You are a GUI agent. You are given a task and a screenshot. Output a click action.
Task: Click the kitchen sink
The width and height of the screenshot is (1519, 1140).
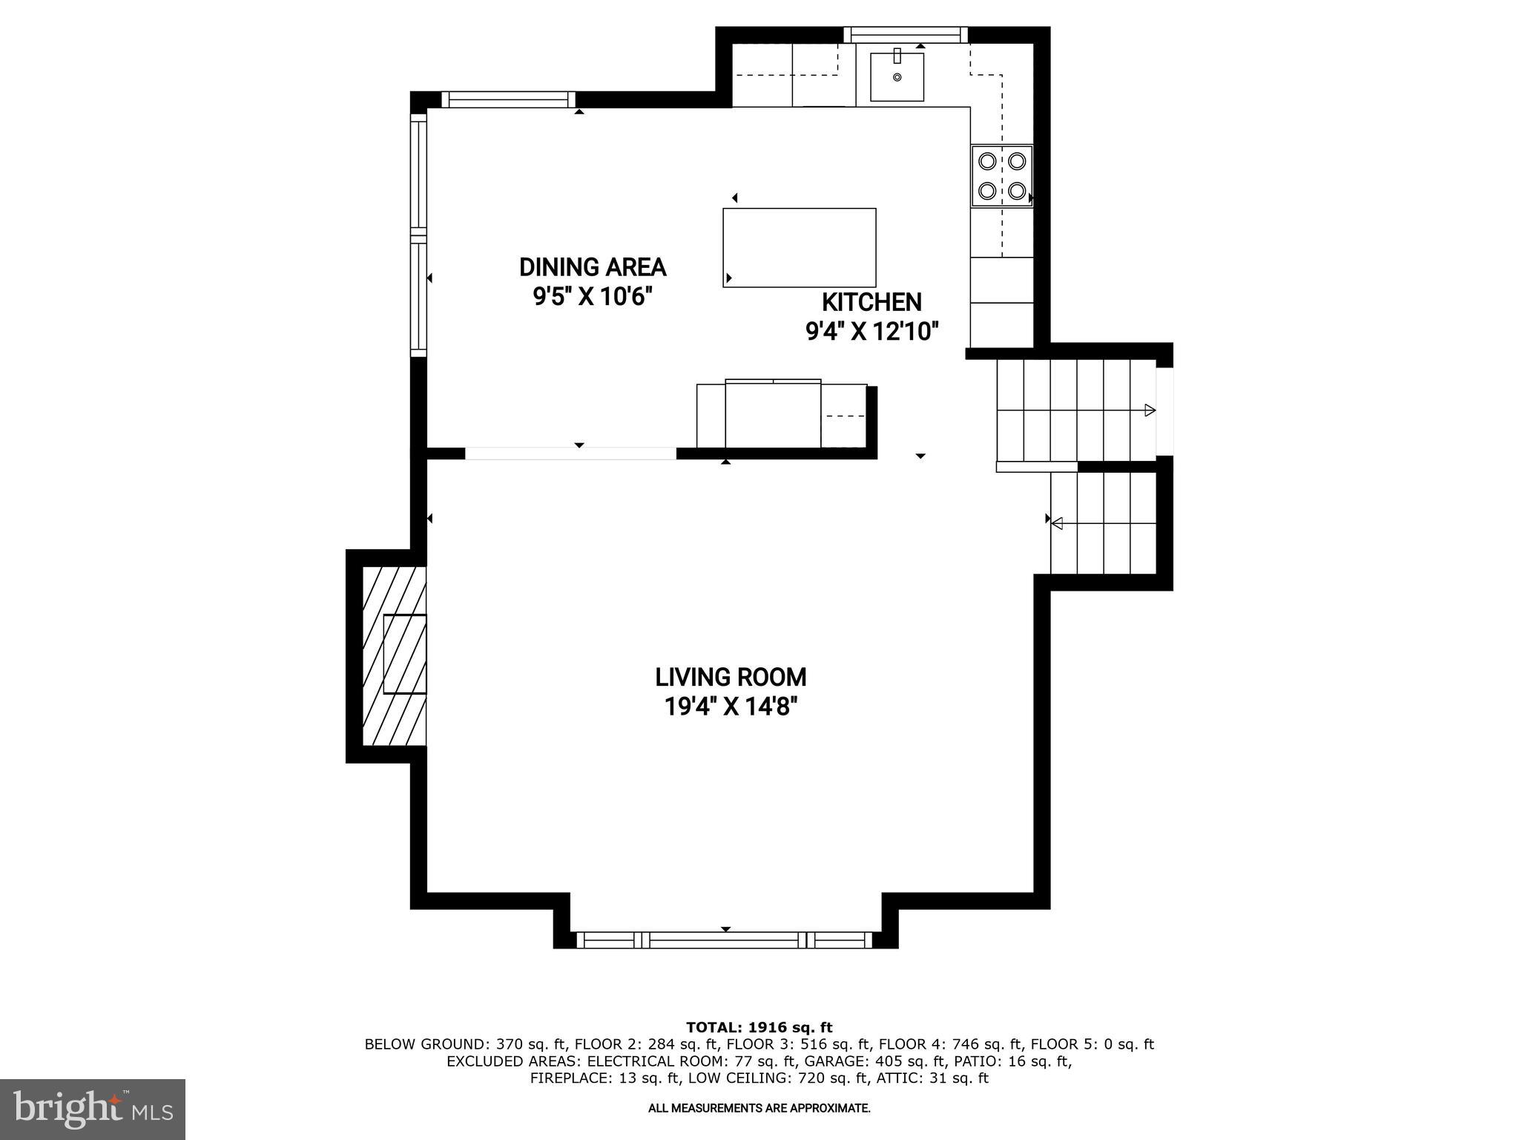click(897, 76)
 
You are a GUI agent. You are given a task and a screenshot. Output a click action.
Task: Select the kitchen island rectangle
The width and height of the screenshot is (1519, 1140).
click(799, 248)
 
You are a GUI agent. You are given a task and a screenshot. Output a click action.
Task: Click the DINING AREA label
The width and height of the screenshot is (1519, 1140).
click(593, 267)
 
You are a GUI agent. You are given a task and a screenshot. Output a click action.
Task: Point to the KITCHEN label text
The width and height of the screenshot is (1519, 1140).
click(871, 302)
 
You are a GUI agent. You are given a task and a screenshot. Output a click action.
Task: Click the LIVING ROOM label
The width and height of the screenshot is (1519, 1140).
click(731, 677)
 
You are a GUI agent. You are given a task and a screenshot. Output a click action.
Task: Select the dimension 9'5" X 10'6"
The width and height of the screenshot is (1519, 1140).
click(593, 297)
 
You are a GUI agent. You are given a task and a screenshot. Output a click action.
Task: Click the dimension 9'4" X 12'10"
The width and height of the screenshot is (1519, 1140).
click(872, 331)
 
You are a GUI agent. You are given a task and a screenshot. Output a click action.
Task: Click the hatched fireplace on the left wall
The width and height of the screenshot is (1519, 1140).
click(394, 655)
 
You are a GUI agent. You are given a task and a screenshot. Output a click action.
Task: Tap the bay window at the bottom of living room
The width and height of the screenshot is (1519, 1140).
click(725, 940)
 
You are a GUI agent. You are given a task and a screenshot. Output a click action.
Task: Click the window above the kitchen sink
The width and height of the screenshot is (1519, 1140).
click(906, 34)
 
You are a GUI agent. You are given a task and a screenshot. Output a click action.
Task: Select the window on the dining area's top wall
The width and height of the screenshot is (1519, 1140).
click(509, 99)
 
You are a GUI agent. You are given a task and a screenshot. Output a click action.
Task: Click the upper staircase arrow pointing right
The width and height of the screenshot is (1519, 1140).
click(1149, 410)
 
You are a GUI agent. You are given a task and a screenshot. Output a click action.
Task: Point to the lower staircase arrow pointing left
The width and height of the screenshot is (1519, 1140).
click(1057, 523)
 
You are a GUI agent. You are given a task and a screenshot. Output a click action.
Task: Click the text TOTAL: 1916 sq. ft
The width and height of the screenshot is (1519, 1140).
click(759, 1027)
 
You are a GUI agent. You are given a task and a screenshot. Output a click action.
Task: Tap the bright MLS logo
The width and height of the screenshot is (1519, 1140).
click(92, 1109)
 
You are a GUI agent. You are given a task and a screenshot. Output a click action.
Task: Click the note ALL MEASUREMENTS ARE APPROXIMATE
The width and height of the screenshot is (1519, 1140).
click(759, 1108)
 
